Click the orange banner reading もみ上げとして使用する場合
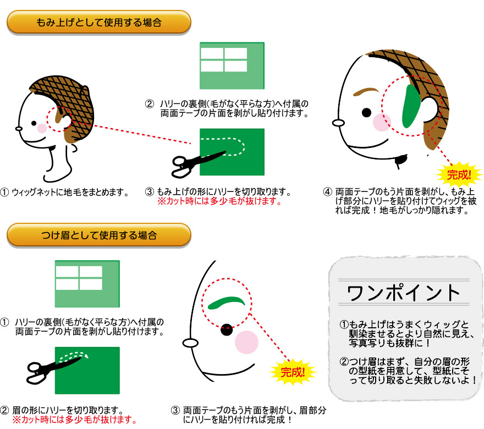(98, 23)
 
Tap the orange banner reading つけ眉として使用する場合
(98, 235)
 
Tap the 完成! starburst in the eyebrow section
(293, 371)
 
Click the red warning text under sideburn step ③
(219, 201)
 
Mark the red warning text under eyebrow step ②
(74, 420)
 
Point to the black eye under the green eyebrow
(226, 331)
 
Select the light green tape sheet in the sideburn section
(232, 65)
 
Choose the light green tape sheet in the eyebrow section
(87, 284)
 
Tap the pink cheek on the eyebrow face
(246, 343)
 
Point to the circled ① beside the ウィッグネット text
(5, 193)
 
